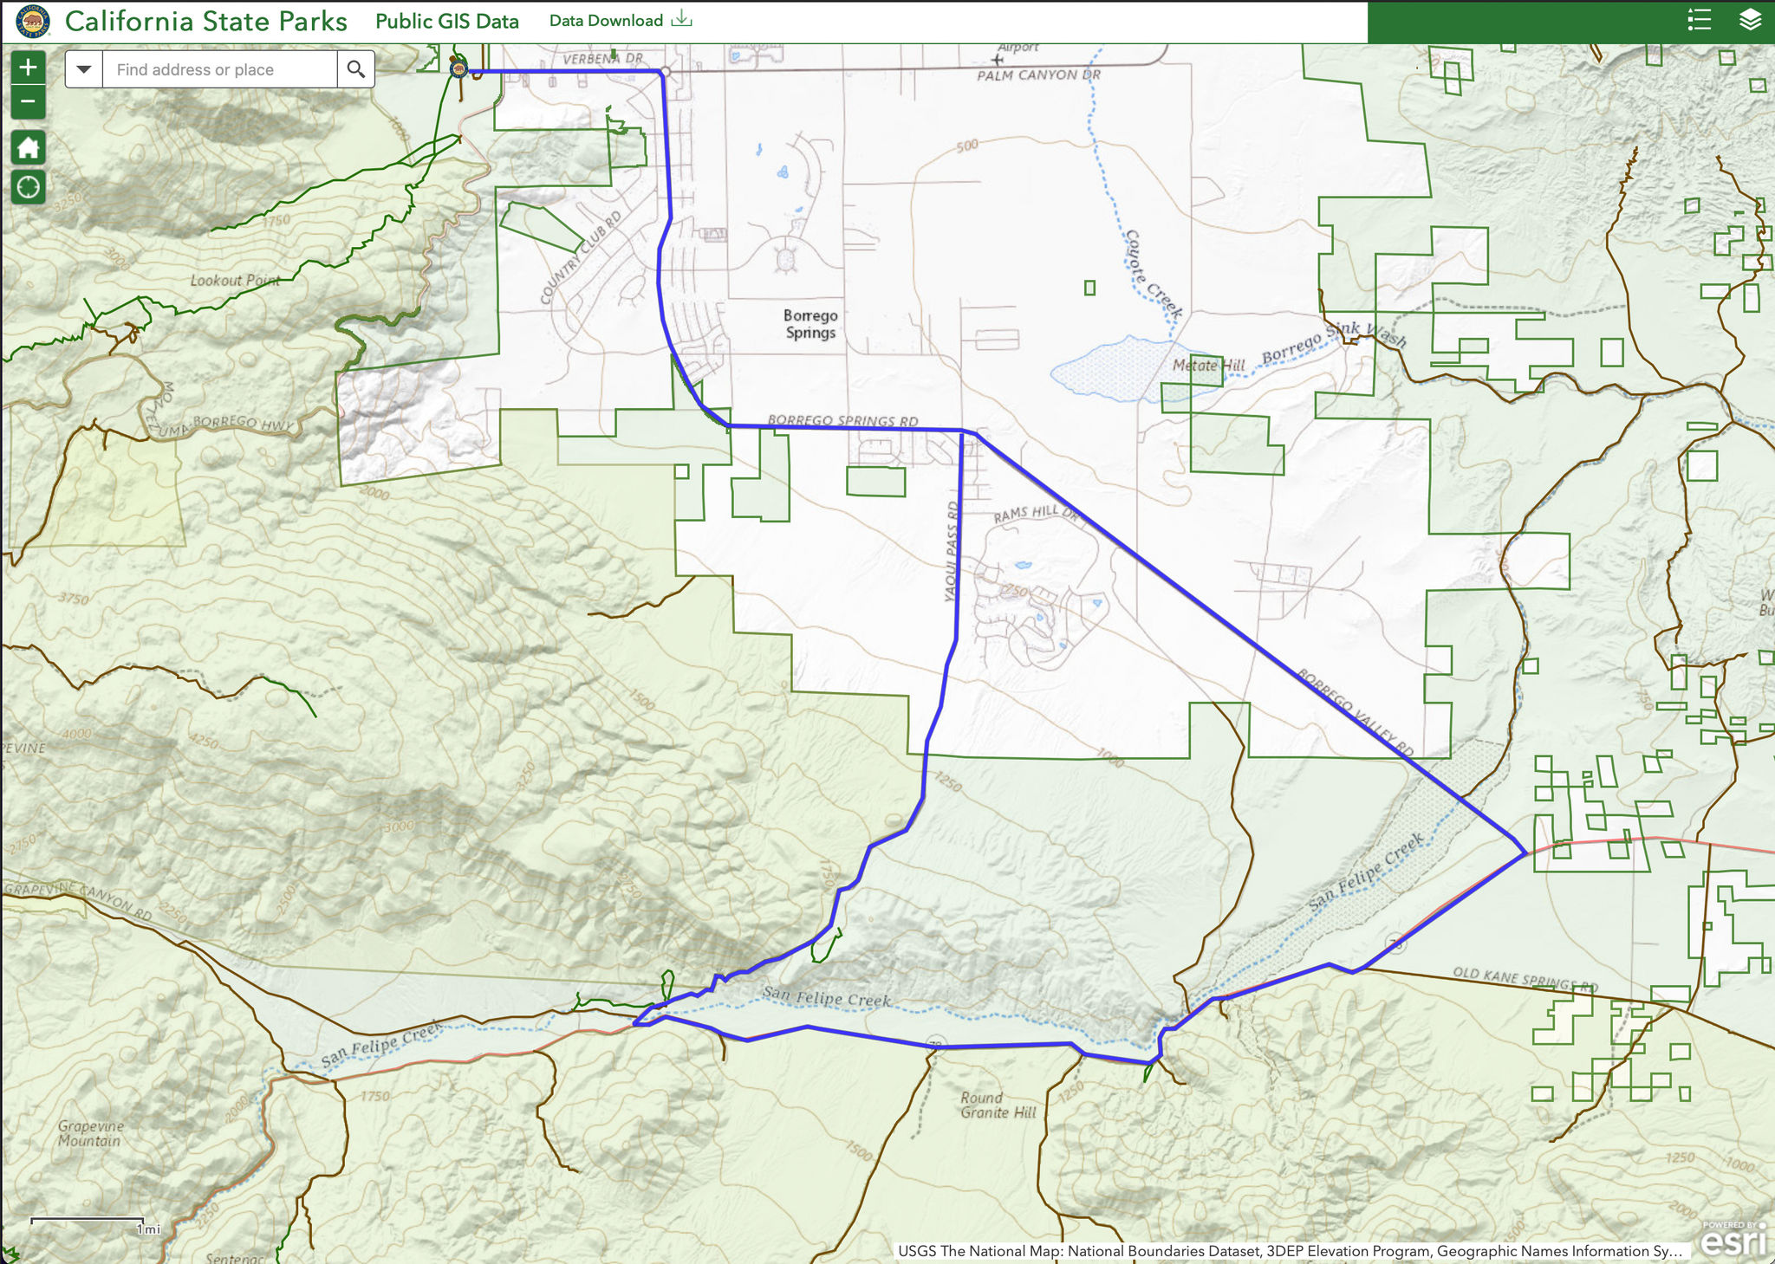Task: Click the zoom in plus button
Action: [x=28, y=67]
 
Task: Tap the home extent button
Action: [x=28, y=147]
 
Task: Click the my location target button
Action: [x=28, y=186]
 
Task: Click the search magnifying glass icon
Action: [x=355, y=69]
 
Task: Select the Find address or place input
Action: [x=219, y=69]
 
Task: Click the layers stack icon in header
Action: [x=1750, y=20]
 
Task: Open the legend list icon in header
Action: [x=1700, y=20]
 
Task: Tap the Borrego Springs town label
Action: [x=810, y=324]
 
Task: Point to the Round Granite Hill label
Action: [x=998, y=1105]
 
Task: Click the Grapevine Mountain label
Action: [x=91, y=1133]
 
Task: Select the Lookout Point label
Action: [x=235, y=281]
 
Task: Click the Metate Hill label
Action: [x=1208, y=366]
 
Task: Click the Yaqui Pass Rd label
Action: [x=952, y=552]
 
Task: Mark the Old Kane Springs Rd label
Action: [x=1525, y=980]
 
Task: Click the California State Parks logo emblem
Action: [x=33, y=21]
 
